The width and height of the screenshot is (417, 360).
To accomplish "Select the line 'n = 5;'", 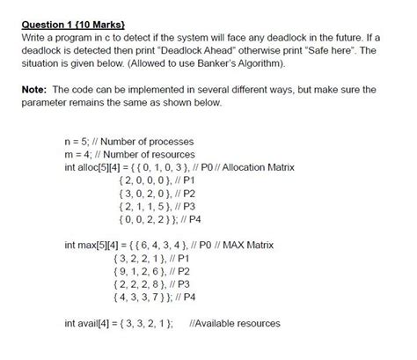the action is (x=80, y=142).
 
